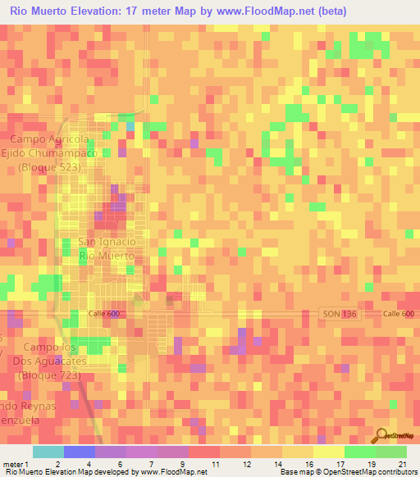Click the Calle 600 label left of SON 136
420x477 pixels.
tap(104, 315)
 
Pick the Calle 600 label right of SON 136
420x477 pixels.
tap(398, 315)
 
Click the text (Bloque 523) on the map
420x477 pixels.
tap(54, 166)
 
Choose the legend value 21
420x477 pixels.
tap(401, 463)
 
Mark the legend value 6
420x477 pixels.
tap(121, 463)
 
